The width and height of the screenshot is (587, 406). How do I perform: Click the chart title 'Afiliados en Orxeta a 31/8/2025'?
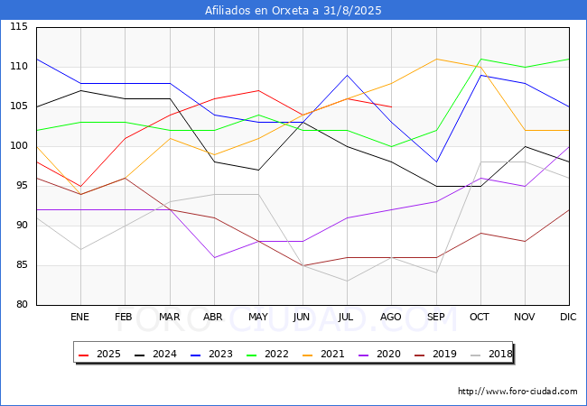pyautogui.click(x=293, y=10)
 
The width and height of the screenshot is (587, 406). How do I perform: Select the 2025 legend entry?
pyautogui.click(x=99, y=354)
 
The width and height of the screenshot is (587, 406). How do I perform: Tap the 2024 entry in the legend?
pyautogui.click(x=155, y=354)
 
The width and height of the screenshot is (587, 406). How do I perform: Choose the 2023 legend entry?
pyautogui.click(x=211, y=354)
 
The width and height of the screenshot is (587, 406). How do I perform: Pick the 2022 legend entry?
pyautogui.click(x=267, y=354)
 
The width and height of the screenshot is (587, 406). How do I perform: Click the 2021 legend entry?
pyautogui.click(x=323, y=354)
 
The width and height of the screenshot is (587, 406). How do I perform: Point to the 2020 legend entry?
pyautogui.click(x=379, y=354)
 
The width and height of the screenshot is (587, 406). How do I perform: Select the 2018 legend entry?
pyautogui.click(x=491, y=354)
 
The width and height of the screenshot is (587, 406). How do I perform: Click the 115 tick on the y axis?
pyautogui.click(x=19, y=26)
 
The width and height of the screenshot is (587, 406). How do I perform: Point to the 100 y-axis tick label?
pyautogui.click(x=19, y=146)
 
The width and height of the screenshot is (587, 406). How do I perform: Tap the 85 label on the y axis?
pyautogui.click(x=22, y=265)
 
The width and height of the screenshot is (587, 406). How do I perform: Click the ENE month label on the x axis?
pyautogui.click(x=79, y=317)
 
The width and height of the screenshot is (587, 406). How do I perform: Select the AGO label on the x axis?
pyautogui.click(x=391, y=317)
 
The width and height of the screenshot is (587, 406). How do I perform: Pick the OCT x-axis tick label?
pyautogui.click(x=480, y=317)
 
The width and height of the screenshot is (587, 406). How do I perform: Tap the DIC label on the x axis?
pyautogui.click(x=568, y=317)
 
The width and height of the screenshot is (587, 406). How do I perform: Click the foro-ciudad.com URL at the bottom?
pyautogui.click(x=517, y=391)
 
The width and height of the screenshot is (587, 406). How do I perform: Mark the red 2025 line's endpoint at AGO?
pyautogui.click(x=392, y=107)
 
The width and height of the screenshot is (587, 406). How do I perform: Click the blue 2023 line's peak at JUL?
pyautogui.click(x=348, y=75)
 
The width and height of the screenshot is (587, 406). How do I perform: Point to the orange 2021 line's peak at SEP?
pyautogui.click(x=436, y=59)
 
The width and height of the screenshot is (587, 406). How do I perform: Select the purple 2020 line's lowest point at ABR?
pyautogui.click(x=214, y=257)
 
